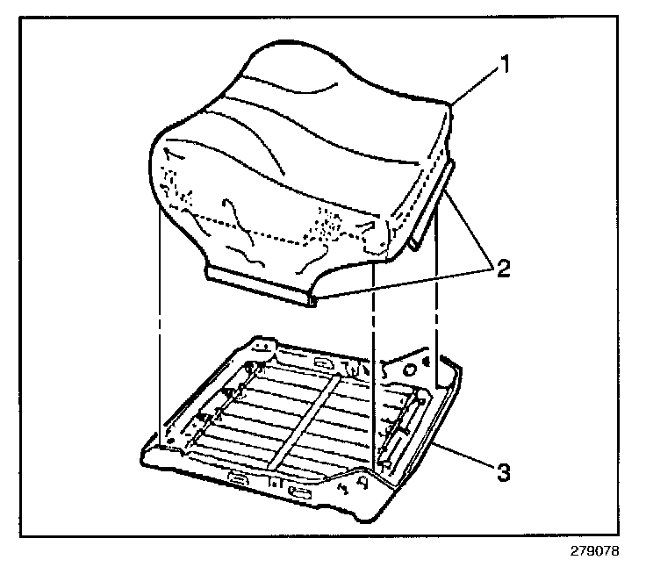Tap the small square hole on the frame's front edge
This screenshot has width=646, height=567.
(x=274, y=484)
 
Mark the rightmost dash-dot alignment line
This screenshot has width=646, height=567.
(x=436, y=316)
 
